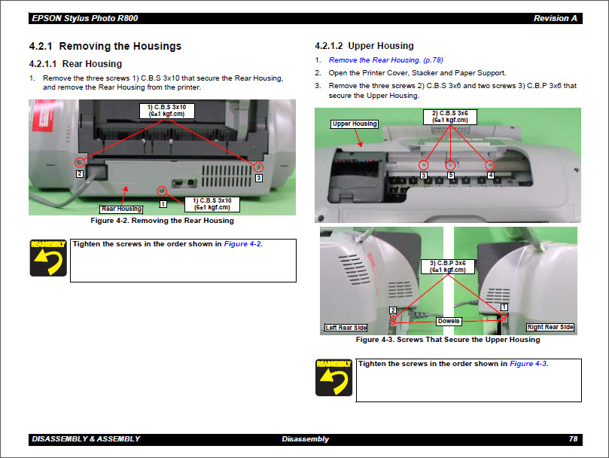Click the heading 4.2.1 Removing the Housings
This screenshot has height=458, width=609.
pos(105,46)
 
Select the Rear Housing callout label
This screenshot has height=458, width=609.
pos(121,209)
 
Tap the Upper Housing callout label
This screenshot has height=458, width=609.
pos(355,124)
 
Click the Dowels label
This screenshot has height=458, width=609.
pos(449,321)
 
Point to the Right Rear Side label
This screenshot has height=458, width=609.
pos(550,327)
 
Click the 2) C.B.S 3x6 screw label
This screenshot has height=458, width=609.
pos(450,116)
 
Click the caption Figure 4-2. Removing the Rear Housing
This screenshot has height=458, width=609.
pos(162,221)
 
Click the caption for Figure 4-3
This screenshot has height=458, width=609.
pos(448,340)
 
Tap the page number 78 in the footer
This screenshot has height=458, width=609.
pos(573,439)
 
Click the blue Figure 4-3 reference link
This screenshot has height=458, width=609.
pos(528,364)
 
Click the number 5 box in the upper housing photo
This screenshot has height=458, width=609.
pos(451,176)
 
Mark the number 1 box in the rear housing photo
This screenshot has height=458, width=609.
pos(163,203)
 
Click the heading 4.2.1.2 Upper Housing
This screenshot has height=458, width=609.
pos(364,46)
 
